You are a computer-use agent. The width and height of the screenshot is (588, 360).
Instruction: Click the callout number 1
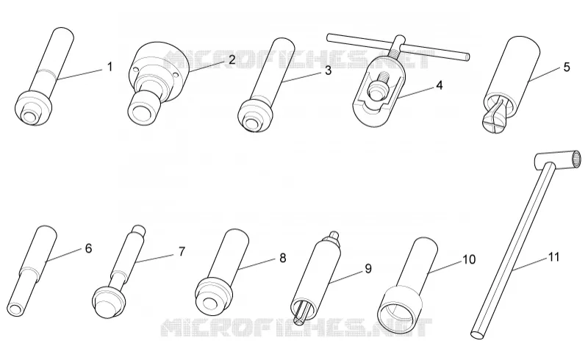pos(110,67)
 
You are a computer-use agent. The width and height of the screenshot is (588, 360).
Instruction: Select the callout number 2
pos(232,60)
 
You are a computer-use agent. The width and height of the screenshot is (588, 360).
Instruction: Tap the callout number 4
pos(439,85)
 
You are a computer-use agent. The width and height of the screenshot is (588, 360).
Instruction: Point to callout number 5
pos(567,67)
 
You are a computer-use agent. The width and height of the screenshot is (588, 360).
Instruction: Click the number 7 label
pos(182,251)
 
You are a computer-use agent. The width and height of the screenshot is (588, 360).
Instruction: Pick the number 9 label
pos(368,268)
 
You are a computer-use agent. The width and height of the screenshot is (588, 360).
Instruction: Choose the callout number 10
pos(469,259)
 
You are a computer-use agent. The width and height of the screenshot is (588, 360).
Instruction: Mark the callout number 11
pos(554,257)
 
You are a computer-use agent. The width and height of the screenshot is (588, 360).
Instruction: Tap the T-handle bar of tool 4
pos(398,47)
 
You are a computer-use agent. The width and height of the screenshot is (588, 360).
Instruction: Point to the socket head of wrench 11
pos(559,160)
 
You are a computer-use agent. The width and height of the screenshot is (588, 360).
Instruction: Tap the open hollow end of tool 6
pos(15,309)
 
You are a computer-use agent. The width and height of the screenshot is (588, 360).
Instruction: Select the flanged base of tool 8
pos(212,296)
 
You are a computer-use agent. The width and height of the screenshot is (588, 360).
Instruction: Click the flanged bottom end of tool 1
pos(33,109)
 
